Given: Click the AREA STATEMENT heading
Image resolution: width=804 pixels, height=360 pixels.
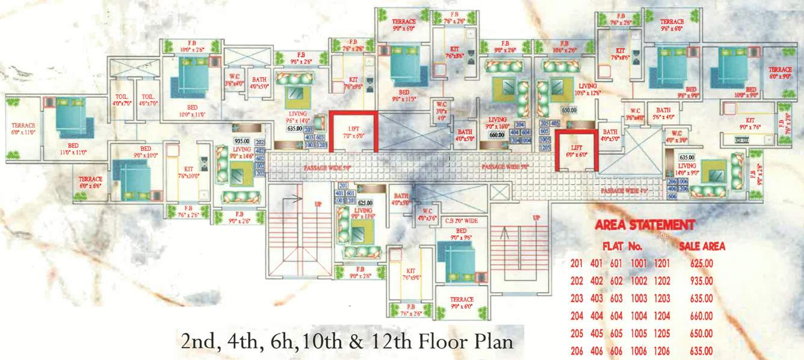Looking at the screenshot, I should [645, 226].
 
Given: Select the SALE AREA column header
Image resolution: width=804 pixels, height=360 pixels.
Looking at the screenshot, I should [702, 246].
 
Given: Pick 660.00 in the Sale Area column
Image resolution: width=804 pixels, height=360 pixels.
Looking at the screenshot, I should [702, 315].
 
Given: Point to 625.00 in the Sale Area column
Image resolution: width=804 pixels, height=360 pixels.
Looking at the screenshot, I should [702, 263].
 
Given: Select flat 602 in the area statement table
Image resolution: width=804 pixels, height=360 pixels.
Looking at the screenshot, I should [620, 281].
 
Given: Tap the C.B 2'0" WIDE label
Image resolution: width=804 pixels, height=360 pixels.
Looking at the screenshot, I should [461, 222].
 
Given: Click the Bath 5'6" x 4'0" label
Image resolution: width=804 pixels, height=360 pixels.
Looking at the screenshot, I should [663, 114].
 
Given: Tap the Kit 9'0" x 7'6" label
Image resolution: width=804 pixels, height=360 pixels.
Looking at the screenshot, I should [749, 123].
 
